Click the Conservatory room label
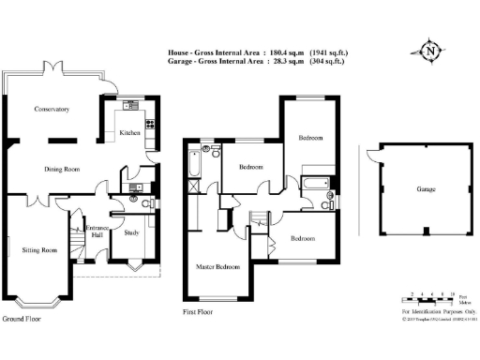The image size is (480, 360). pyautogui.click(x=52, y=110)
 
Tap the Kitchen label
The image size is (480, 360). pyautogui.click(x=129, y=133)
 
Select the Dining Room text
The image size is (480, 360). pyautogui.click(x=62, y=170)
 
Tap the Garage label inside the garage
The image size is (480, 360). pyautogui.click(x=426, y=190)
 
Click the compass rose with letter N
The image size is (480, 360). pyautogui.click(x=430, y=51)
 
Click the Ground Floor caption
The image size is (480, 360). pyautogui.click(x=22, y=320)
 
